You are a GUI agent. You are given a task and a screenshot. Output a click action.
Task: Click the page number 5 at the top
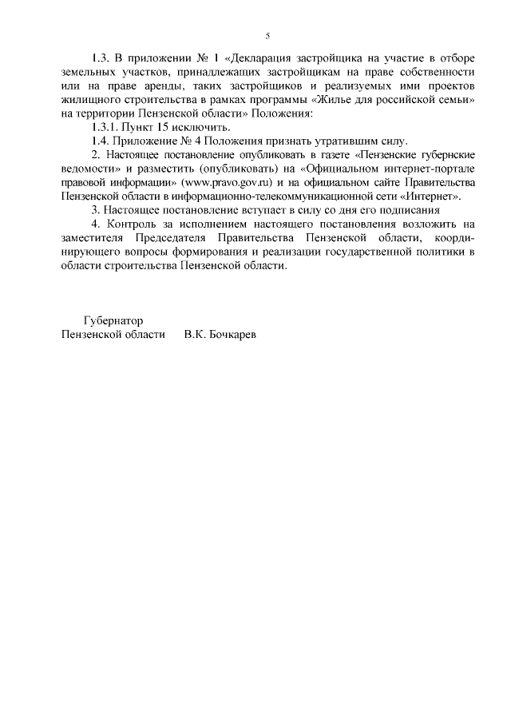click(267, 35)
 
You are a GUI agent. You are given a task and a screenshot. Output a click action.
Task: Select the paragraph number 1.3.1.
click(107, 128)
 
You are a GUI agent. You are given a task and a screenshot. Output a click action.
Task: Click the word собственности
click(434, 72)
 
